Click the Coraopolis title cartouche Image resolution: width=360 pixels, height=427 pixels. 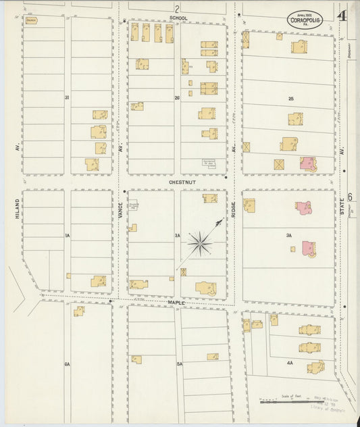(305, 18)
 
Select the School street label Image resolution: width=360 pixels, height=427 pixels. (179, 18)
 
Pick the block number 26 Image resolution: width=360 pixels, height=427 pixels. (177, 99)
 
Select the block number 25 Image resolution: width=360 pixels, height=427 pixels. (291, 99)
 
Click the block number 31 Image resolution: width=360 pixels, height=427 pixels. (67, 99)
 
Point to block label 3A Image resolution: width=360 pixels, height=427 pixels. (288, 236)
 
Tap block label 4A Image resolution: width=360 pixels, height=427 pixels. (289, 363)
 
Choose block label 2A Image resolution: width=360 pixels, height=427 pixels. (177, 236)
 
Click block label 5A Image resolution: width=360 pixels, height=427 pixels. (180, 364)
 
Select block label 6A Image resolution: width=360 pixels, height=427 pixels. (67, 364)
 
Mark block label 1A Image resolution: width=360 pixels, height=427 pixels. (67, 236)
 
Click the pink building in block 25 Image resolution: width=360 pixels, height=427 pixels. (307, 163)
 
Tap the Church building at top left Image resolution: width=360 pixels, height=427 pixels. (31, 21)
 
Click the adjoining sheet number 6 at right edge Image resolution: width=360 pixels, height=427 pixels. (351, 197)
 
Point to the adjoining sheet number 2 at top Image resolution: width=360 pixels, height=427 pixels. (177, 9)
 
